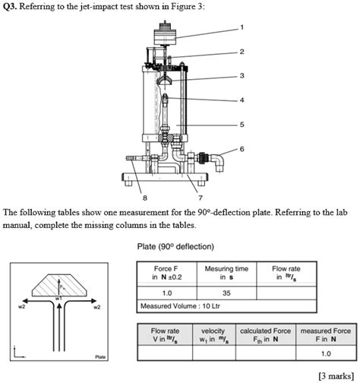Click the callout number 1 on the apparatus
[242, 27]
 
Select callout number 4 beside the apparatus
[242, 100]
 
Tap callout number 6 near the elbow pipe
[242, 149]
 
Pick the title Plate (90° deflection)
[175, 246]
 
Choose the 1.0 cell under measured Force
[326, 353]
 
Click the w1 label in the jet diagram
[58, 299]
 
